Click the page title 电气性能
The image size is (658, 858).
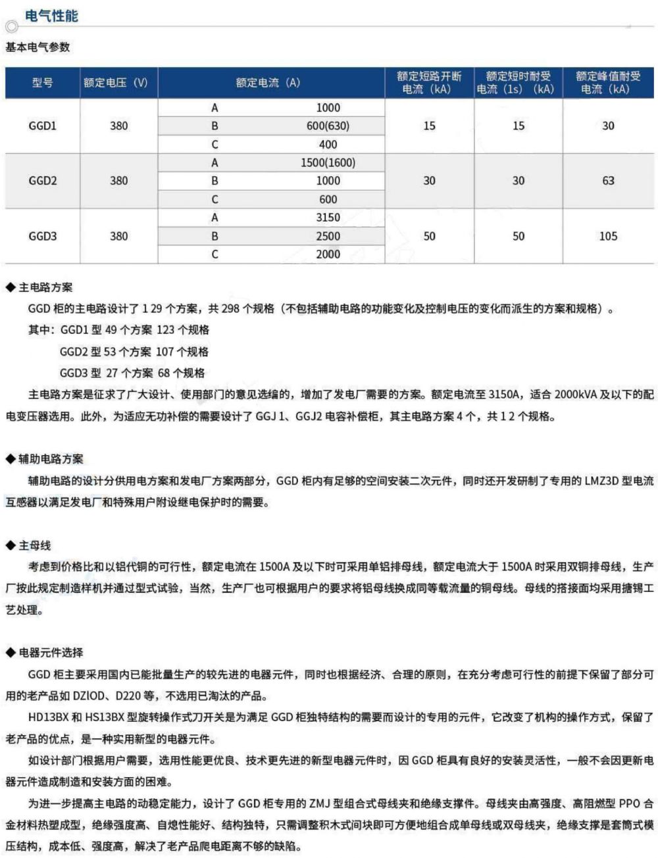pyautogui.click(x=51, y=16)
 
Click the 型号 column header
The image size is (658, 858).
pyautogui.click(x=42, y=83)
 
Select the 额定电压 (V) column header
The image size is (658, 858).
pyautogui.click(x=116, y=83)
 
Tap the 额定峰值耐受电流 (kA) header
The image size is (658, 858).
pyautogui.click(x=608, y=83)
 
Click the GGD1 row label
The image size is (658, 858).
pyautogui.click(x=42, y=126)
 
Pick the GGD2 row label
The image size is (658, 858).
pyautogui.click(x=42, y=181)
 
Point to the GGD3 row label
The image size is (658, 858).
pyautogui.click(x=42, y=236)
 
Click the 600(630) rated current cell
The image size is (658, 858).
pyautogui.click(x=328, y=126)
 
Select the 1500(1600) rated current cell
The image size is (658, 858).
pyautogui.click(x=328, y=162)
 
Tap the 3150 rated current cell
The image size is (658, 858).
pyautogui.click(x=328, y=218)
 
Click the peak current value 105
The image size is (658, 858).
pyautogui.click(x=608, y=236)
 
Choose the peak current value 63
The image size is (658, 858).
pyautogui.click(x=608, y=181)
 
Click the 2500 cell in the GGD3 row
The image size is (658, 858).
pyautogui.click(x=328, y=236)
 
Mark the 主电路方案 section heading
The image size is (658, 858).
pyautogui.click(x=45, y=287)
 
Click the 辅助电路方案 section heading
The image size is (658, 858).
pyautogui.click(x=51, y=459)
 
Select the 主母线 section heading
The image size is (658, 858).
pyautogui.click(x=34, y=545)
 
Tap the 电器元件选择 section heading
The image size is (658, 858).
pyautogui.click(x=51, y=652)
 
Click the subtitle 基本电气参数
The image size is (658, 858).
pyautogui.click(x=38, y=47)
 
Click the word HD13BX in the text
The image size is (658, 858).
pyautogui.click(x=49, y=717)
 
